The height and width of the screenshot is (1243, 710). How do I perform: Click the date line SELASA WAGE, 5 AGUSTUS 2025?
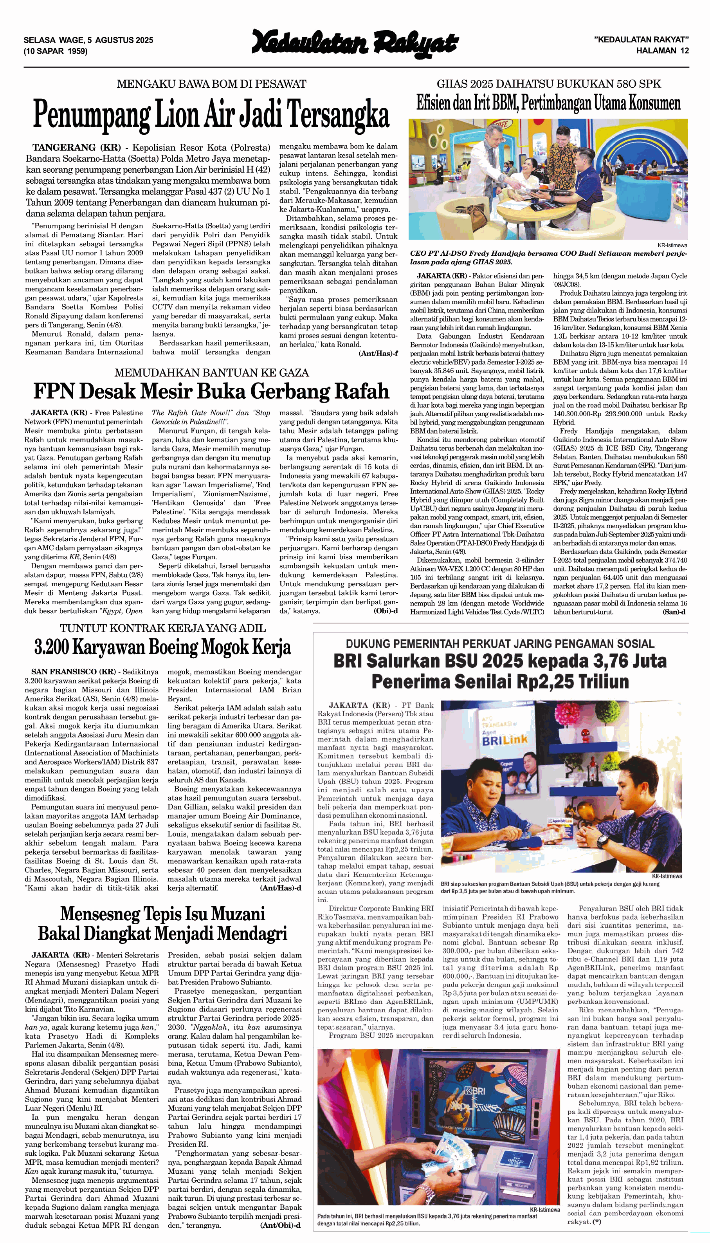[88, 40]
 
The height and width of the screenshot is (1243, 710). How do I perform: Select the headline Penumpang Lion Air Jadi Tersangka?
[211, 114]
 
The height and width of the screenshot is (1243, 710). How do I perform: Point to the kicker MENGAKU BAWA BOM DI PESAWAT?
[211, 84]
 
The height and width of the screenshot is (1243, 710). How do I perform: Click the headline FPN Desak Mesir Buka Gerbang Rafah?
[211, 391]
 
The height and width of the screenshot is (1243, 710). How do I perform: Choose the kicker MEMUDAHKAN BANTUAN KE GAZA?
[211, 373]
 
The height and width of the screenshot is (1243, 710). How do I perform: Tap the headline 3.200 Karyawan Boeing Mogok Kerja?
[162, 647]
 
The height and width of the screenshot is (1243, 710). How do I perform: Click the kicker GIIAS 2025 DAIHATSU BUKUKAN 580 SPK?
[549, 84]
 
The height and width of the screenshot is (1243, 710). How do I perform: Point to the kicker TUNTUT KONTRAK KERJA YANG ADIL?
[162, 628]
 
